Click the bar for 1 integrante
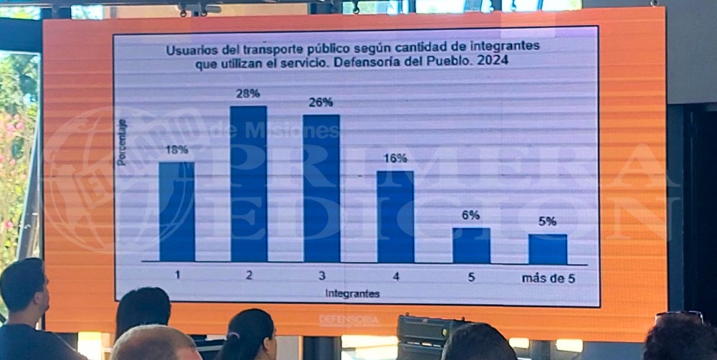[176, 212]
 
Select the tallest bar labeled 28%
[249, 184]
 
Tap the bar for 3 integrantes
[321, 188]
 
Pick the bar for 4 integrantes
[395, 216]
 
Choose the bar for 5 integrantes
[471, 245]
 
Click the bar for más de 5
[548, 248]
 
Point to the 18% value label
[176, 149]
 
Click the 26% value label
[320, 102]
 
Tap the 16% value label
[395, 158]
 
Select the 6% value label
[471, 215]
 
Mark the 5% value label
[547, 221]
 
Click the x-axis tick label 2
[249, 275]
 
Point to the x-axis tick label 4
[396, 276]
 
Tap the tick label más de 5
[549, 278]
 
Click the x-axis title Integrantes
[352, 293]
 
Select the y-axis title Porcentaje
[122, 142]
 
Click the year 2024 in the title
[493, 62]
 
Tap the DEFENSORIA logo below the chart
[349, 320]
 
